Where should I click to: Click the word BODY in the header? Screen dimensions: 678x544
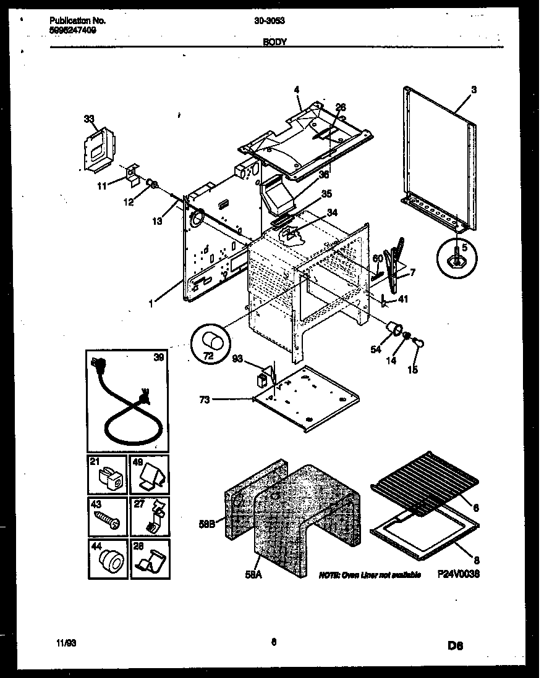[272, 42]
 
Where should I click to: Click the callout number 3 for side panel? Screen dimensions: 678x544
[473, 90]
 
